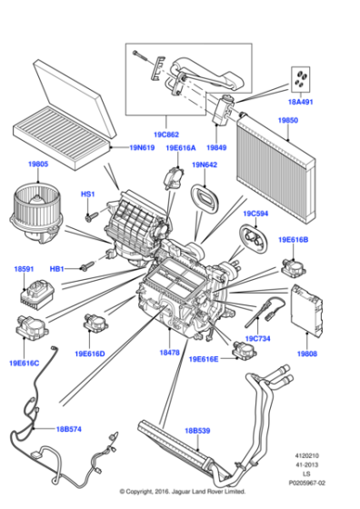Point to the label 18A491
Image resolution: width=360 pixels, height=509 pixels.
[299, 104]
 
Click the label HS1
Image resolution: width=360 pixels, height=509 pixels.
[88, 195]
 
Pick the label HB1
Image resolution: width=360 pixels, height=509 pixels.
[56, 270]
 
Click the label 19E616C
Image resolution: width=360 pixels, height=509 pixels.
[25, 362]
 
